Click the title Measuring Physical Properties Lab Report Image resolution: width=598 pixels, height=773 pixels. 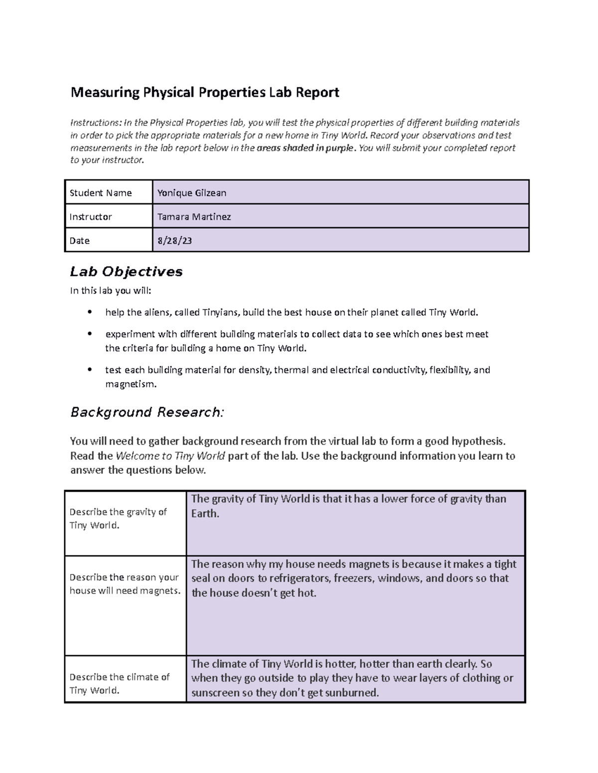click(x=204, y=93)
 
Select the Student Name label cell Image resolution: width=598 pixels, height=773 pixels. click(x=101, y=193)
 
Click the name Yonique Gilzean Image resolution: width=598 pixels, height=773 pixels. click(x=192, y=193)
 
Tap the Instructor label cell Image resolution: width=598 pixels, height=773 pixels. click(x=91, y=217)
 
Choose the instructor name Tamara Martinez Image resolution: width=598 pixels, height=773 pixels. click(x=194, y=217)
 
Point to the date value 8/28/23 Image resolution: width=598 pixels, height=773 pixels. click(x=174, y=241)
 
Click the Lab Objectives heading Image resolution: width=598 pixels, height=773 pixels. click(x=126, y=271)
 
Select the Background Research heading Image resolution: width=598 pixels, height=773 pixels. click(x=147, y=412)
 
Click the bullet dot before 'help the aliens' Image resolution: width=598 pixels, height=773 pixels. click(x=90, y=312)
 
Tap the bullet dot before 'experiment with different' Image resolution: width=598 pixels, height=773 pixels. click(x=90, y=334)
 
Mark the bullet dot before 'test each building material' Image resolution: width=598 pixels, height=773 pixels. click(x=90, y=370)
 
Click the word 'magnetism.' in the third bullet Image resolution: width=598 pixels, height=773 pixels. click(x=131, y=384)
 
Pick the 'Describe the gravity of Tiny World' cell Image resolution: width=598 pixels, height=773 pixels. click(x=118, y=519)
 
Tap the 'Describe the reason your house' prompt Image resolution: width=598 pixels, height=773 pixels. click(x=125, y=584)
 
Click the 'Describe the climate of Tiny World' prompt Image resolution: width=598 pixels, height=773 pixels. click(x=120, y=683)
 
